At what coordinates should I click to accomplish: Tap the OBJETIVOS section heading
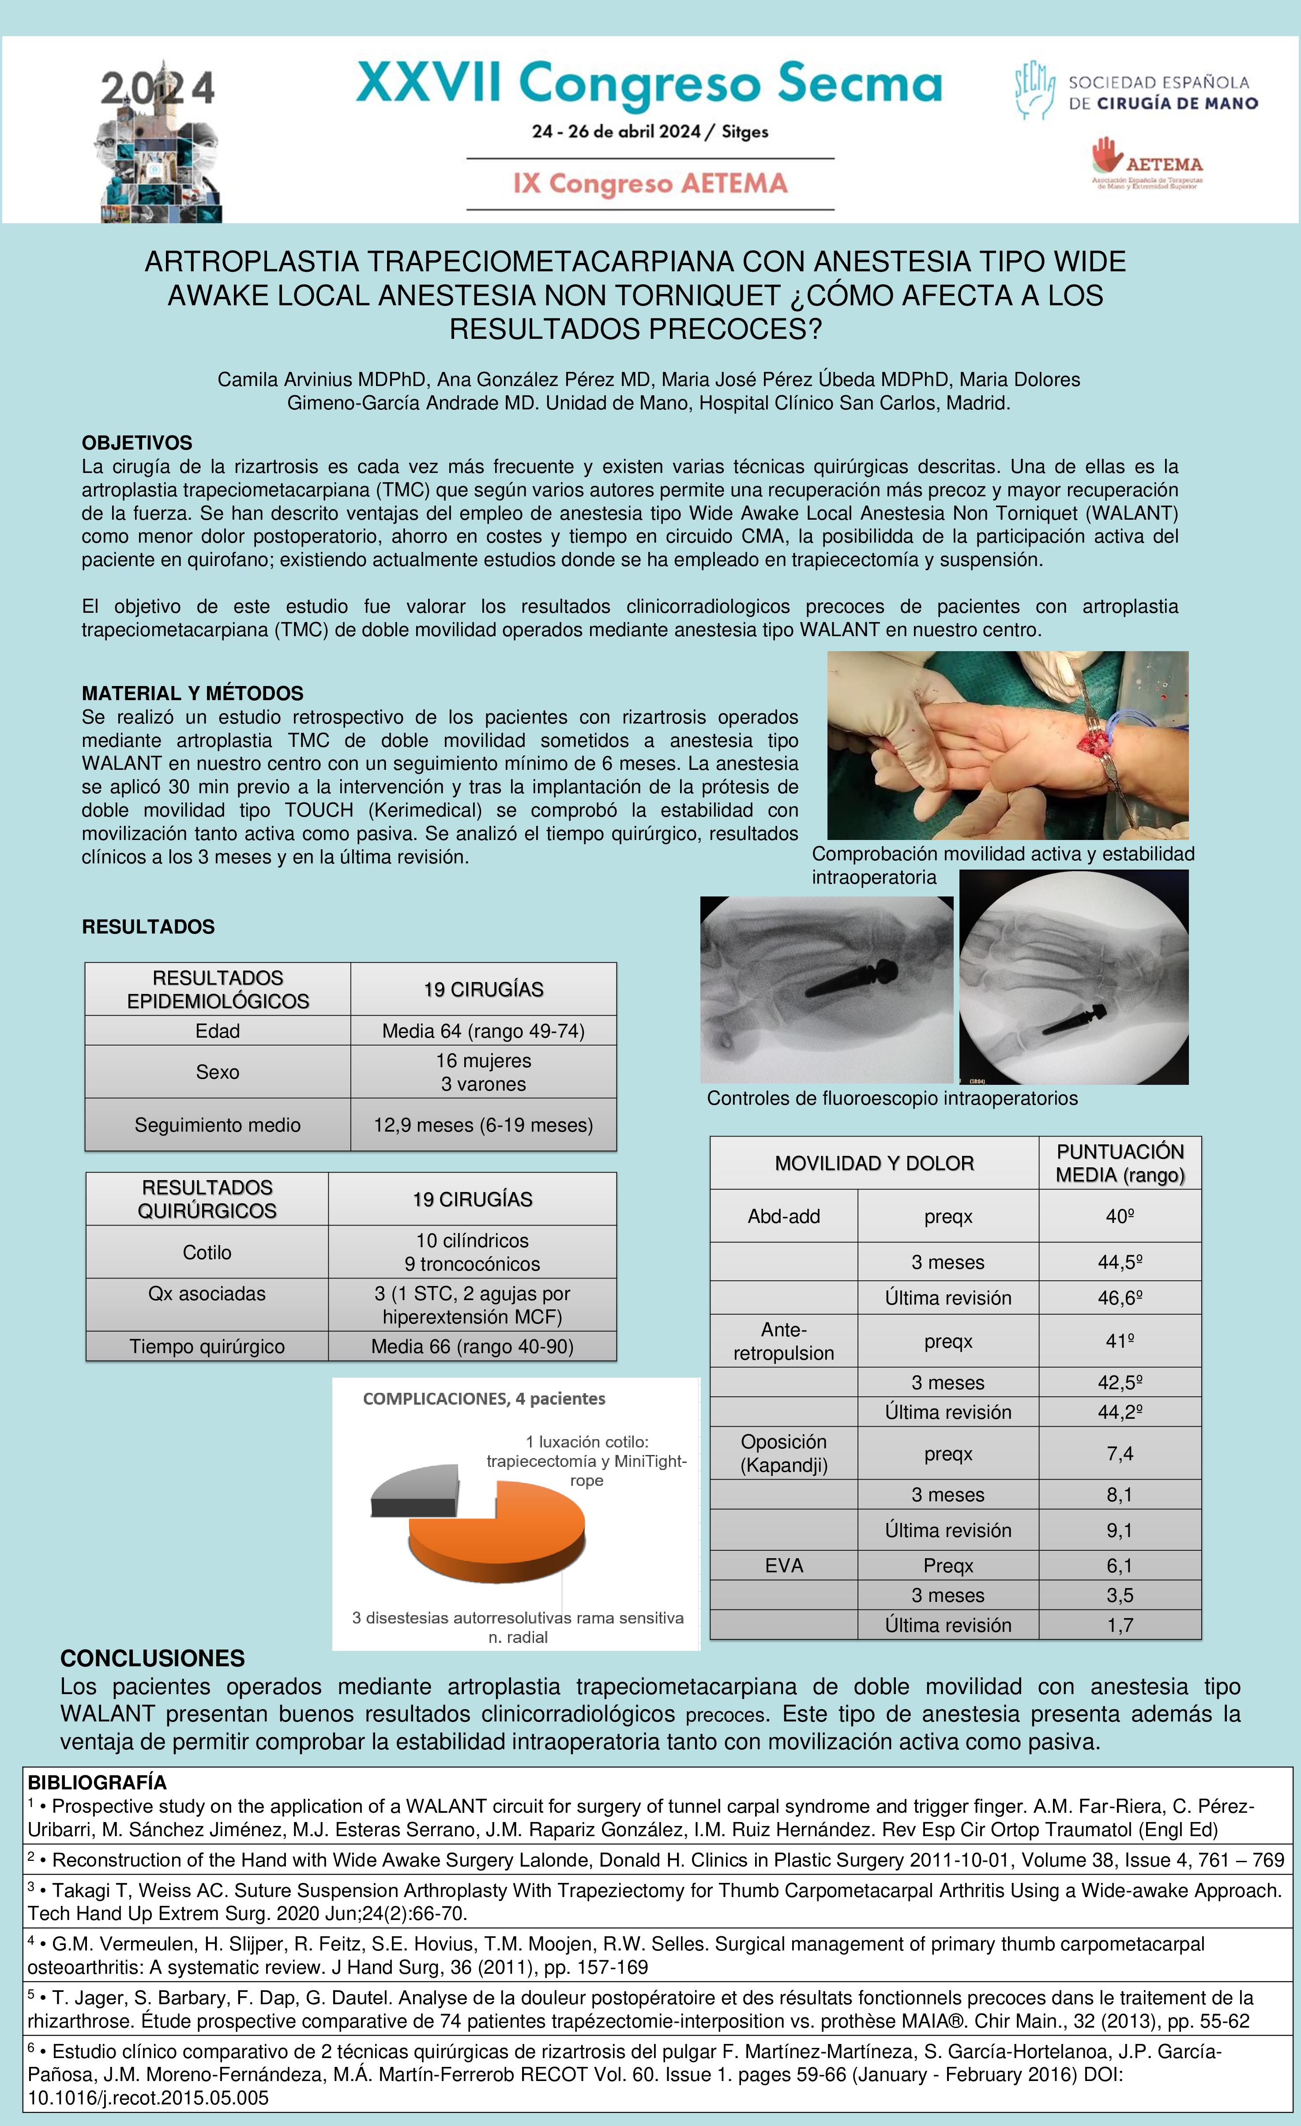coord(136,442)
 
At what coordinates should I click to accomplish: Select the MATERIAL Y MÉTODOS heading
coord(192,693)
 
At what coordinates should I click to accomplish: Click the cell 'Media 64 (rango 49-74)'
coord(483,1031)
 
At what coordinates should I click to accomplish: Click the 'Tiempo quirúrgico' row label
coord(207,1346)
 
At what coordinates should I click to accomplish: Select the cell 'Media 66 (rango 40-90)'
coord(472,1346)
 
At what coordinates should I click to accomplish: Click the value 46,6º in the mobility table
coord(1120,1297)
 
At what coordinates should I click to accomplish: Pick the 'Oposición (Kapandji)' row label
coord(784,1453)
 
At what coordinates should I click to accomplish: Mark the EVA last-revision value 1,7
coord(1120,1625)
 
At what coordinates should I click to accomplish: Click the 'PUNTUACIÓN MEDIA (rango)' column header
coord(1120,1163)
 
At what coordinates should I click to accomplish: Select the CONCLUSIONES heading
coord(152,1658)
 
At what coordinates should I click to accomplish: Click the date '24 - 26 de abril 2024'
coord(616,132)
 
